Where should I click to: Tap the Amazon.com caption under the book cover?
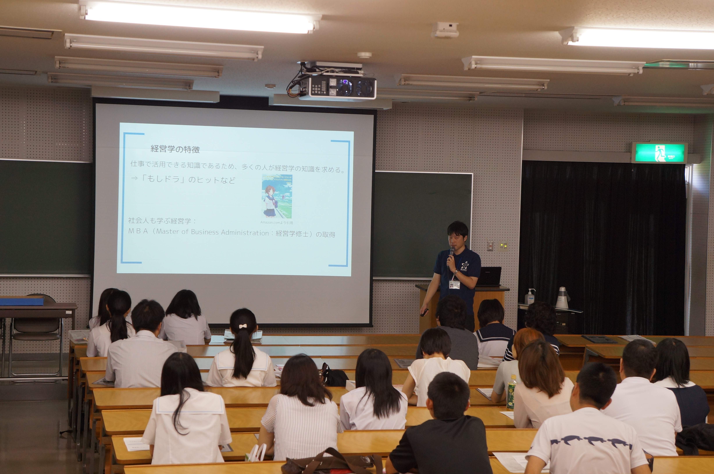tap(276, 222)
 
